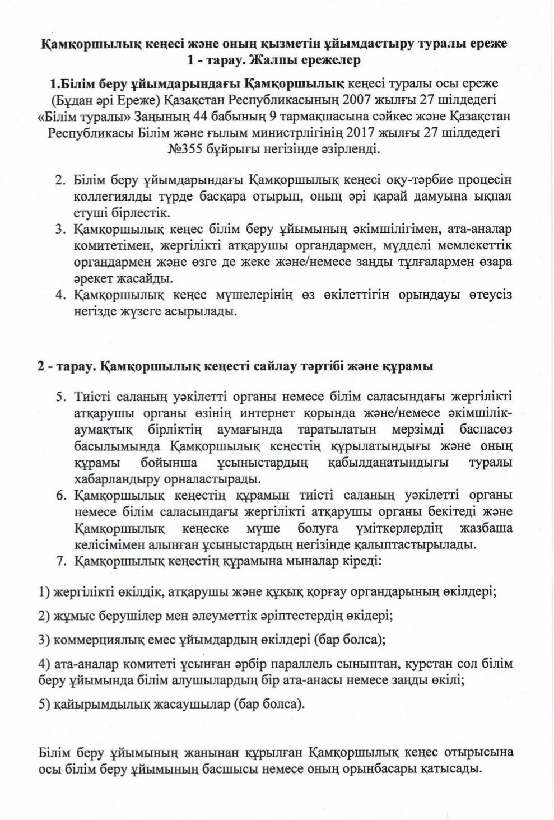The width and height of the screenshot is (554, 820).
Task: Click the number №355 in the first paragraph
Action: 184,150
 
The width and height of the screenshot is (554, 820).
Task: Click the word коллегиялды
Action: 108,197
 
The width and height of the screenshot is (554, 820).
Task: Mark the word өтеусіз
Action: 488,295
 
